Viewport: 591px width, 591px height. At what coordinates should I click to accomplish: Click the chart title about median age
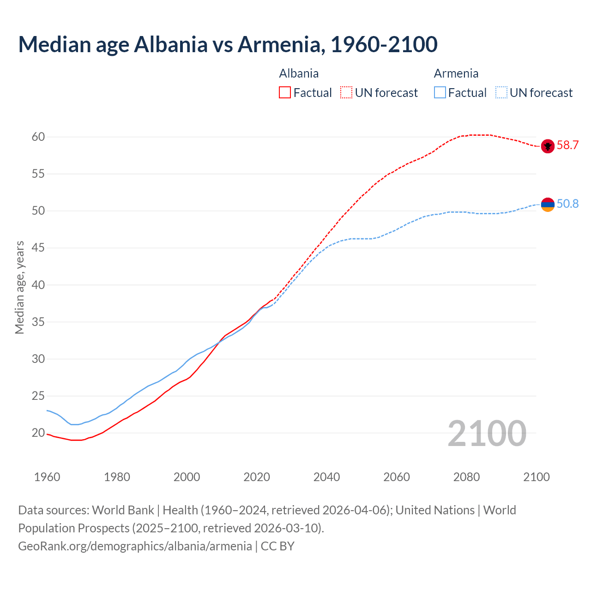(x=228, y=44)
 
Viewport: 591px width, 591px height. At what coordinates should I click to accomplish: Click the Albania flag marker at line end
(x=548, y=146)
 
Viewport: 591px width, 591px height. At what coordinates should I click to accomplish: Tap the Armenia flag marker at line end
(x=548, y=205)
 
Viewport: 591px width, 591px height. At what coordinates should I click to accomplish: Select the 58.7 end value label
(x=567, y=145)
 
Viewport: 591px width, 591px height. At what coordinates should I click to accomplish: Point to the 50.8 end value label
(x=567, y=204)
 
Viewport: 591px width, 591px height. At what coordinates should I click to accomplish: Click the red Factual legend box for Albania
(x=285, y=93)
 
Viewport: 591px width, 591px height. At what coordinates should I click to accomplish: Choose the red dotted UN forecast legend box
(x=346, y=93)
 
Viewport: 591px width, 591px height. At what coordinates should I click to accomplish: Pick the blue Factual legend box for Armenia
(x=440, y=93)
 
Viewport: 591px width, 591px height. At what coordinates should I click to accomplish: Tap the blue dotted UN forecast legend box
(x=501, y=93)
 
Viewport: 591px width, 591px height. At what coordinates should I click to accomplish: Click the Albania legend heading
(x=299, y=73)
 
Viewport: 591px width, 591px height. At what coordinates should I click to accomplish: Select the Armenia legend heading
(x=456, y=73)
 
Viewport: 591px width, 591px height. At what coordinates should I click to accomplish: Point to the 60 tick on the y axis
(x=38, y=137)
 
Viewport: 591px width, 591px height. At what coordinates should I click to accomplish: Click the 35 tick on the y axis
(x=38, y=322)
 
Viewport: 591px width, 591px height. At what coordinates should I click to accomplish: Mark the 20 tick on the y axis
(x=38, y=433)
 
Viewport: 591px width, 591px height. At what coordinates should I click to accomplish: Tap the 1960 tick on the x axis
(x=47, y=477)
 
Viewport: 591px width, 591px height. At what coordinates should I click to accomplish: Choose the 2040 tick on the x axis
(x=326, y=477)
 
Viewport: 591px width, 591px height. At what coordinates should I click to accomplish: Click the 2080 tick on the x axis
(x=466, y=477)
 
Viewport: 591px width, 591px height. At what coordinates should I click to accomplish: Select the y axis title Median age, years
(x=19, y=287)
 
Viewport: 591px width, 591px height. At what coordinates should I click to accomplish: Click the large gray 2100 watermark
(x=487, y=433)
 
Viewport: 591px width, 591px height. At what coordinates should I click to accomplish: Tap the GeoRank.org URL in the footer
(x=135, y=546)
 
